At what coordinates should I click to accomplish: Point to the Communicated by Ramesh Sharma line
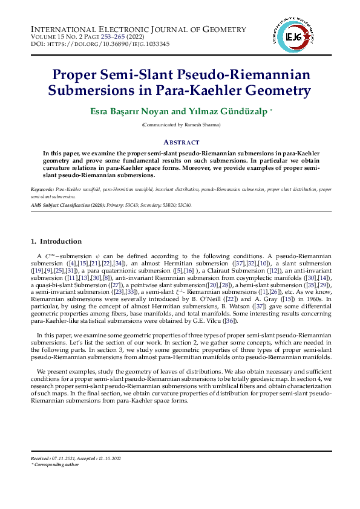[x=182, y=125]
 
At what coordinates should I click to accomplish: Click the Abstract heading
[x=182, y=142]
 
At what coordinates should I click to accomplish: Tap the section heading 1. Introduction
[x=56, y=242]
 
